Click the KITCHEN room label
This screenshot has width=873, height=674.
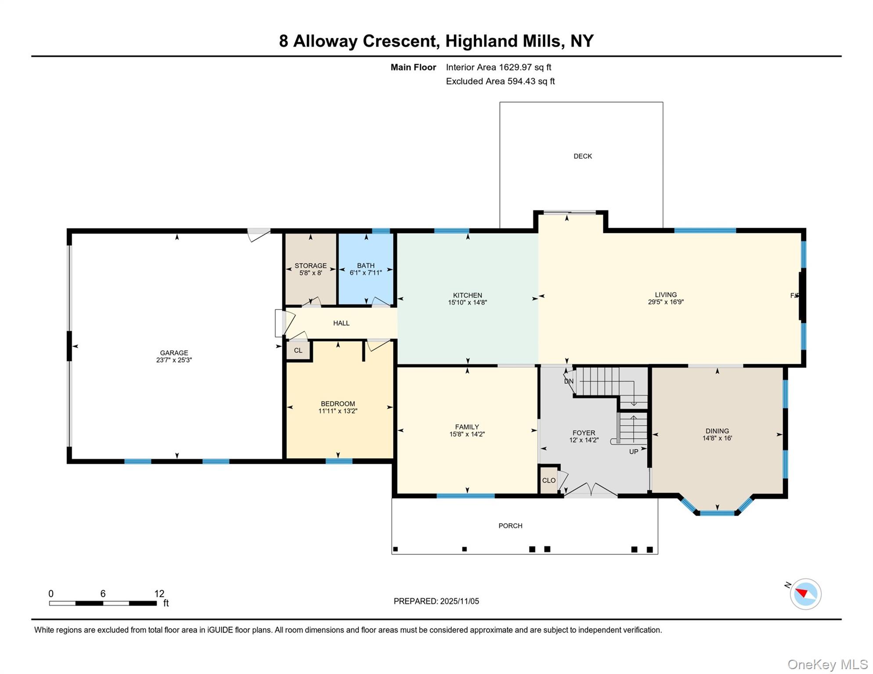point(467,295)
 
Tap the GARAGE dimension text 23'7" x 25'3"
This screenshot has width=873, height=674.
point(174,360)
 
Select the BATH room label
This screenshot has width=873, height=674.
point(365,265)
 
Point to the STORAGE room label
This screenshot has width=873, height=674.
point(310,265)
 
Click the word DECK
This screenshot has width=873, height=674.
point(583,156)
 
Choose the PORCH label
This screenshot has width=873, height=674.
point(510,526)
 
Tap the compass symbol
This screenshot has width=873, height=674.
point(805,594)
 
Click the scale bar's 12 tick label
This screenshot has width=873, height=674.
point(159,594)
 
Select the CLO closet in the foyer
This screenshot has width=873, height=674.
point(549,480)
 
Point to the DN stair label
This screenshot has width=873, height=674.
point(569,381)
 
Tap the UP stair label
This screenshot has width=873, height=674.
point(633,452)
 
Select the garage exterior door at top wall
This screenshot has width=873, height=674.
point(259,234)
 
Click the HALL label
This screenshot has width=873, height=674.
point(341,323)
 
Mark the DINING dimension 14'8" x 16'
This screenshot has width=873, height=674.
point(717,438)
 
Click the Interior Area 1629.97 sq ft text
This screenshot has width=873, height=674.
point(498,67)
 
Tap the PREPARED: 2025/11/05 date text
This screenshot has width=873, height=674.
point(436,601)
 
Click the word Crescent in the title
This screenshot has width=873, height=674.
point(400,41)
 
